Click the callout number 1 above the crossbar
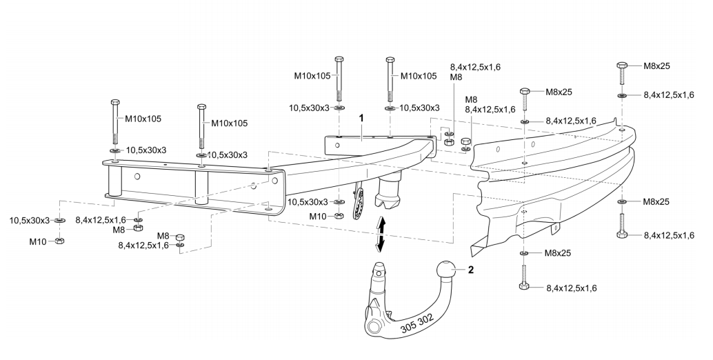(x=361, y=118)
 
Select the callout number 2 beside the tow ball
(x=471, y=270)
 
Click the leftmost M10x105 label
(x=143, y=119)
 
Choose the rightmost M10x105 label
(x=419, y=76)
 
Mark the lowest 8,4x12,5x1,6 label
(x=571, y=288)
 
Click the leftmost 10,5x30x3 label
(x=30, y=221)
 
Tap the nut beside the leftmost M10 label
(x=59, y=241)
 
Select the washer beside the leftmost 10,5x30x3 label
(x=60, y=221)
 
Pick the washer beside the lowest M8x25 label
(x=524, y=253)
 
